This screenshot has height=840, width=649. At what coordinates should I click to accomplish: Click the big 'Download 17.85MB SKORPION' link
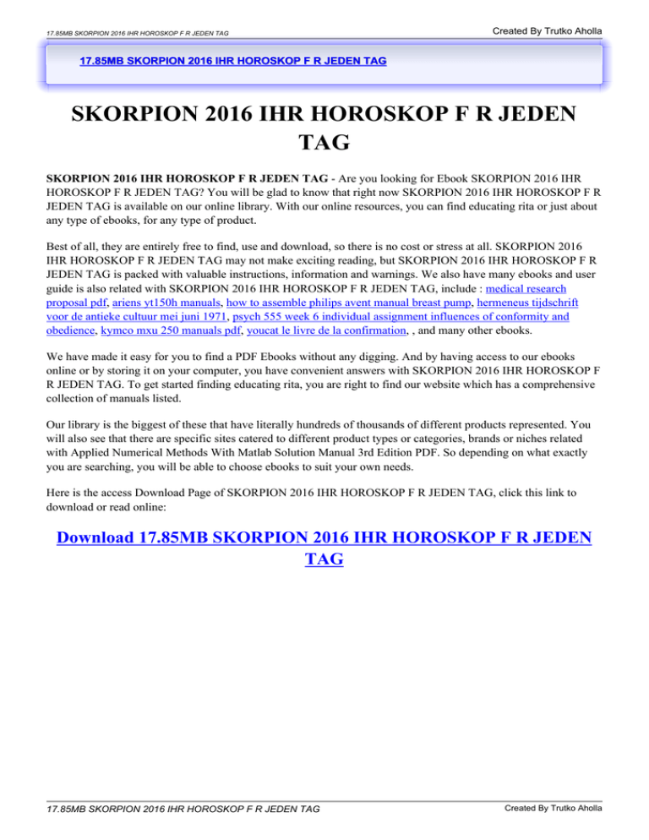[x=324, y=539]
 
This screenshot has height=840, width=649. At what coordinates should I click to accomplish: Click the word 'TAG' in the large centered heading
[x=324, y=142]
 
